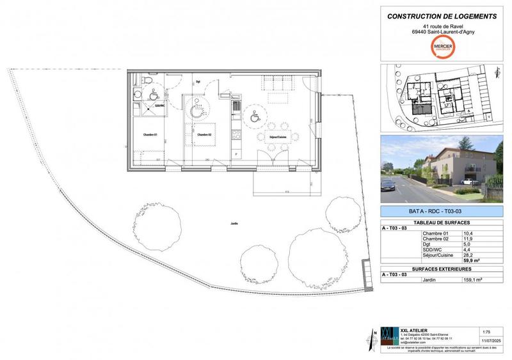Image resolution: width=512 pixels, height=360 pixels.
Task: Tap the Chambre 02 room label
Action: point(204,135)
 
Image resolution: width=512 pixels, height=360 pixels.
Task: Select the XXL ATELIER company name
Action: point(414,330)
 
